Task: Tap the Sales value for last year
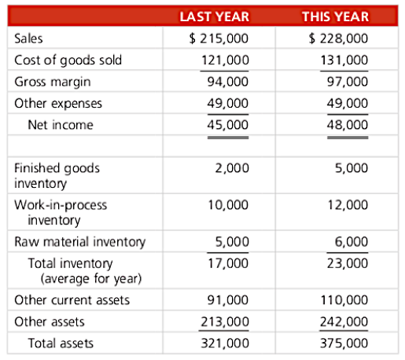(x=220, y=38)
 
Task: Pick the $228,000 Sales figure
(x=339, y=38)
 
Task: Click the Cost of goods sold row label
(x=68, y=60)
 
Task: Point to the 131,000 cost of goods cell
(x=344, y=60)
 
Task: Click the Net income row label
(x=61, y=124)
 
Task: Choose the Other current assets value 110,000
(x=344, y=300)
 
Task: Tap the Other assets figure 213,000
(x=226, y=321)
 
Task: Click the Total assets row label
(x=61, y=343)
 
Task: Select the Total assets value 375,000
(x=344, y=343)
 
